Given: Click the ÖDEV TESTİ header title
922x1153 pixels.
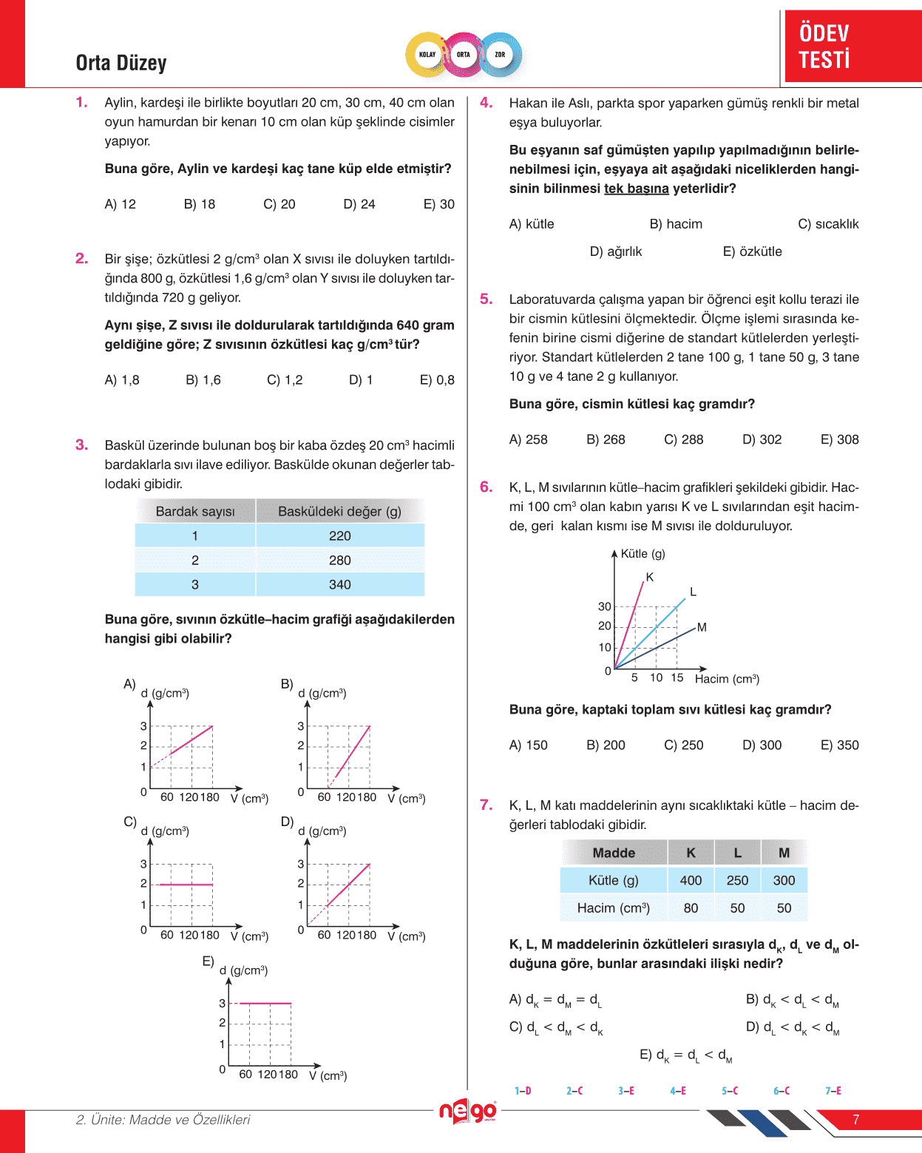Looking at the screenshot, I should [824, 46].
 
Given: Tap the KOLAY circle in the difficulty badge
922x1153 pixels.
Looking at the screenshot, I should [427, 55].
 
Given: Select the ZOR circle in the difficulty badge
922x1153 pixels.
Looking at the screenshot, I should [500, 55].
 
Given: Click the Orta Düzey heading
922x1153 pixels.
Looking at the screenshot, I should [121, 63].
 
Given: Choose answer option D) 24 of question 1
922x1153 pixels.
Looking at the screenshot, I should [359, 204].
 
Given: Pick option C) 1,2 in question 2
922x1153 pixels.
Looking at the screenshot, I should [285, 380].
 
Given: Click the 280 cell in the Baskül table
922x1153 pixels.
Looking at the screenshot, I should [340, 560].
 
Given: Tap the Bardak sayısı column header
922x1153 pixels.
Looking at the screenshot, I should [195, 511].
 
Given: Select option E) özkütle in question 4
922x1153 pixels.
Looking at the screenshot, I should [752, 251].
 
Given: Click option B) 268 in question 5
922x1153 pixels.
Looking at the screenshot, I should [606, 439].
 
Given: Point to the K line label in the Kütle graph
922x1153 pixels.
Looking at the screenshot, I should [650, 577].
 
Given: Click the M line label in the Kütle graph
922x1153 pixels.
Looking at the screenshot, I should [702, 627].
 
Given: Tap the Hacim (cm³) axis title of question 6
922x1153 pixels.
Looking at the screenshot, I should [727, 678].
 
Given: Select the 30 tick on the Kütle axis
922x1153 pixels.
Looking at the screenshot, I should [604, 606].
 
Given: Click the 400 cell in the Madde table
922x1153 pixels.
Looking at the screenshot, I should [691, 880].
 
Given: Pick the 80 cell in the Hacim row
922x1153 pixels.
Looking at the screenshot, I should [691, 907].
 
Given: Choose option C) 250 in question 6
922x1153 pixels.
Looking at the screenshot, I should [684, 745].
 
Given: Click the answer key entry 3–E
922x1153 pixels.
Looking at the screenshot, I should [626, 1090].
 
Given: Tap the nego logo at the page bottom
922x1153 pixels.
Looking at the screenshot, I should [467, 1111].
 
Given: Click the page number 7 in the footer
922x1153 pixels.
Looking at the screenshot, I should [856, 1120].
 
